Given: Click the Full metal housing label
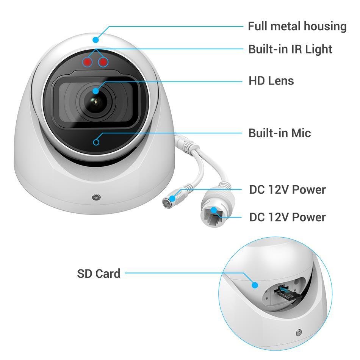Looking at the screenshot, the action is click(297, 27).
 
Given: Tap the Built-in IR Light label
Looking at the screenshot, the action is click(290, 49).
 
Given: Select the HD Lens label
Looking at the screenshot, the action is click(271, 81).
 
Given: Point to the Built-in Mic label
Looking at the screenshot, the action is click(280, 133).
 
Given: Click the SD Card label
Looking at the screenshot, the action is click(99, 274).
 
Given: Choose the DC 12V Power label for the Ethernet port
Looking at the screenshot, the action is click(287, 217).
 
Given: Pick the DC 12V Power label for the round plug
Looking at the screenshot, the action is click(287, 189).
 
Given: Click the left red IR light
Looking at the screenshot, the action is click(87, 62).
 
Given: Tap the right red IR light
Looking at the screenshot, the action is click(103, 62).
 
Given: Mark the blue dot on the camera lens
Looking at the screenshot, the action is click(96, 91).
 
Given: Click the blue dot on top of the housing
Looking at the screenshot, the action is click(96, 40).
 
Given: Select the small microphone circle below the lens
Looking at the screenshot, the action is click(96, 142).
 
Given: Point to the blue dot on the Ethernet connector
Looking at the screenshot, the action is click(214, 210).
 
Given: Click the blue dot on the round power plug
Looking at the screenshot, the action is click(172, 198).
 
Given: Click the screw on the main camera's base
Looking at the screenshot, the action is click(96, 197).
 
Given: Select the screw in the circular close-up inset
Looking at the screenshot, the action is click(299, 332).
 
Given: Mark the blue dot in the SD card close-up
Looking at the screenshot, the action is click(255, 285).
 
